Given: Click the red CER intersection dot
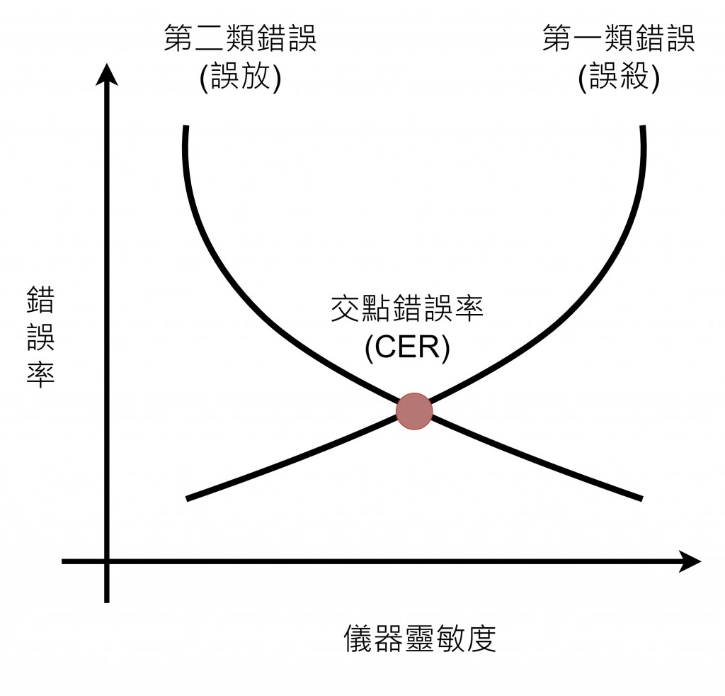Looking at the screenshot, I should pyautogui.click(x=413, y=412).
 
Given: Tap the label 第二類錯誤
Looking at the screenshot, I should pyautogui.click(x=241, y=39).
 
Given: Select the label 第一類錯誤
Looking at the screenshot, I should pyautogui.click(x=619, y=39).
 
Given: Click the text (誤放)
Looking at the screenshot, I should pyautogui.click(x=241, y=77).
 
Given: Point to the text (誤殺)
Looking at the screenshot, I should pyautogui.click(x=619, y=77).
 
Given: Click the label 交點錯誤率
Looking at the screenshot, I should pyautogui.click(x=408, y=310).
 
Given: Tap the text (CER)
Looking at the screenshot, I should pyautogui.click(x=408, y=348).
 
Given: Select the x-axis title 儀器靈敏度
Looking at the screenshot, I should pyautogui.click(x=420, y=638).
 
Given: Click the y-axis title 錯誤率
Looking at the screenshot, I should pyautogui.click(x=40, y=337).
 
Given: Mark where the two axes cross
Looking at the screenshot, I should pyautogui.click(x=107, y=561).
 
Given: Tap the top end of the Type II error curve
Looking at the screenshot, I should pyautogui.click(x=185, y=128).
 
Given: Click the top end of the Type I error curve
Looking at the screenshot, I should pyautogui.click(x=643, y=128).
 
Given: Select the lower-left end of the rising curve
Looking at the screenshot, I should pyautogui.click(x=188, y=499).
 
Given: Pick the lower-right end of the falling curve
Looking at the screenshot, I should pyautogui.click(x=640, y=498).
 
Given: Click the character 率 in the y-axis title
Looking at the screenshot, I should pyautogui.click(x=40, y=373).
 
